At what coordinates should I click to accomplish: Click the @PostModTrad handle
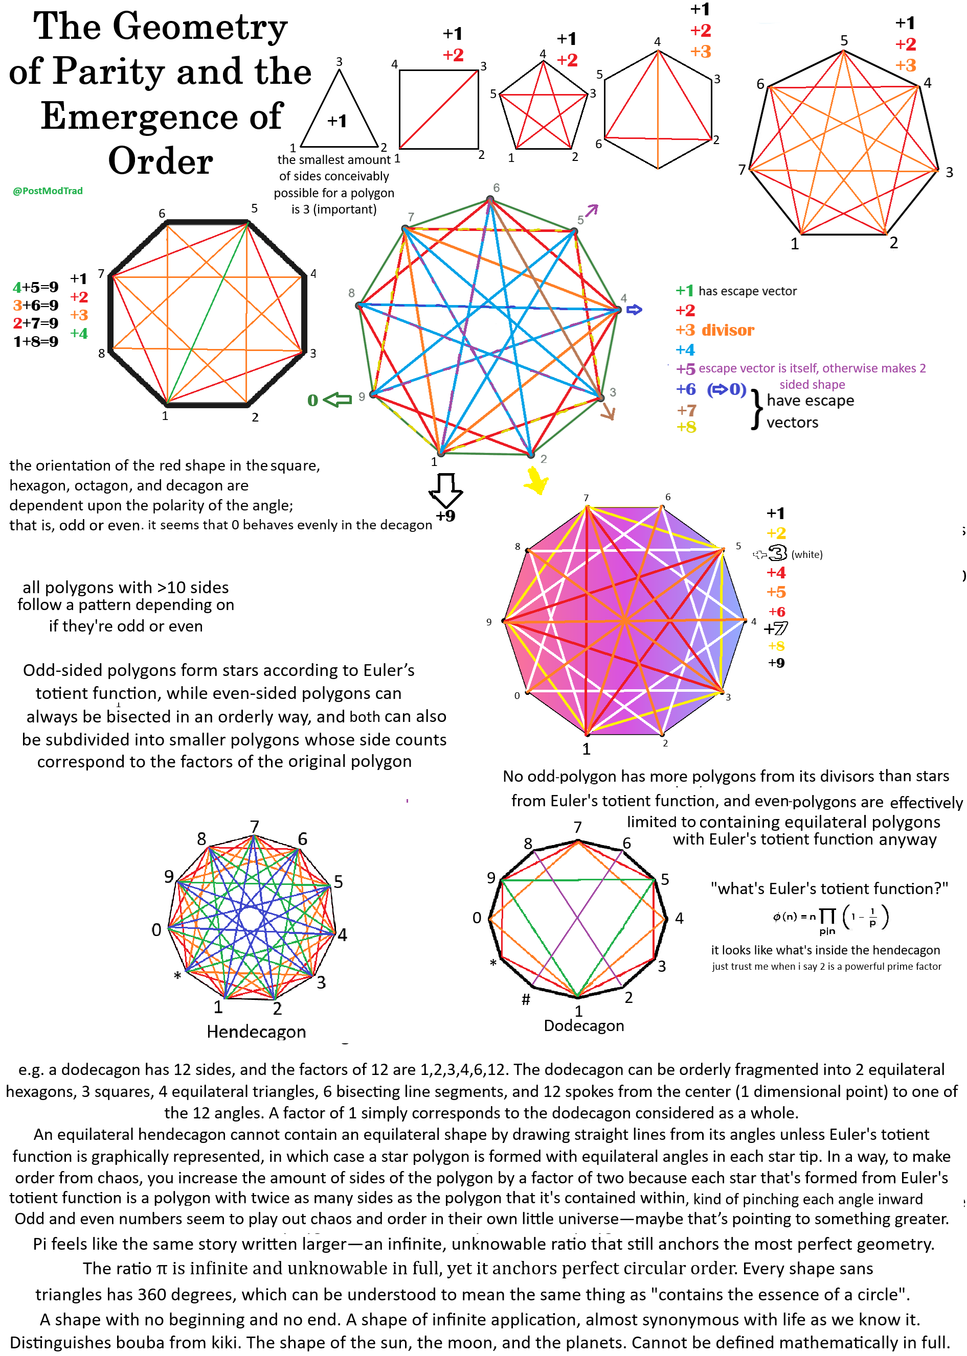[48, 191]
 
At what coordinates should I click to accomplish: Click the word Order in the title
[160, 161]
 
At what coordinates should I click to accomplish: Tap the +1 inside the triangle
[337, 122]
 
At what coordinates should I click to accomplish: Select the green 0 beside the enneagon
[312, 401]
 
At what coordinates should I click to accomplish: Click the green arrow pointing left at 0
[338, 400]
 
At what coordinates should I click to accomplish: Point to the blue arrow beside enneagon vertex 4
[634, 310]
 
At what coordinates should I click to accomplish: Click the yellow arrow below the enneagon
[536, 480]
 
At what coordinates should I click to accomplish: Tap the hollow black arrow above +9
[445, 489]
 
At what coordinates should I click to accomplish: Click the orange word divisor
[728, 330]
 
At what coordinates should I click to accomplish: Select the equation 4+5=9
[36, 287]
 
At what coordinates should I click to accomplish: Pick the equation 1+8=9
[36, 341]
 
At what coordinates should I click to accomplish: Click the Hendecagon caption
[256, 1031]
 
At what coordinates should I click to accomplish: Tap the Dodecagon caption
[583, 1025]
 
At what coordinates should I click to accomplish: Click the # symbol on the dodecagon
[526, 999]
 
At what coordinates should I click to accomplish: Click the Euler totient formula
[830, 919]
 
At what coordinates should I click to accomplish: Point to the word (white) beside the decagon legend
[807, 554]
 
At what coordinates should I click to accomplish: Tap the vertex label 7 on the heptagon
[742, 170]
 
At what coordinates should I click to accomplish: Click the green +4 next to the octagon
[79, 334]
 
